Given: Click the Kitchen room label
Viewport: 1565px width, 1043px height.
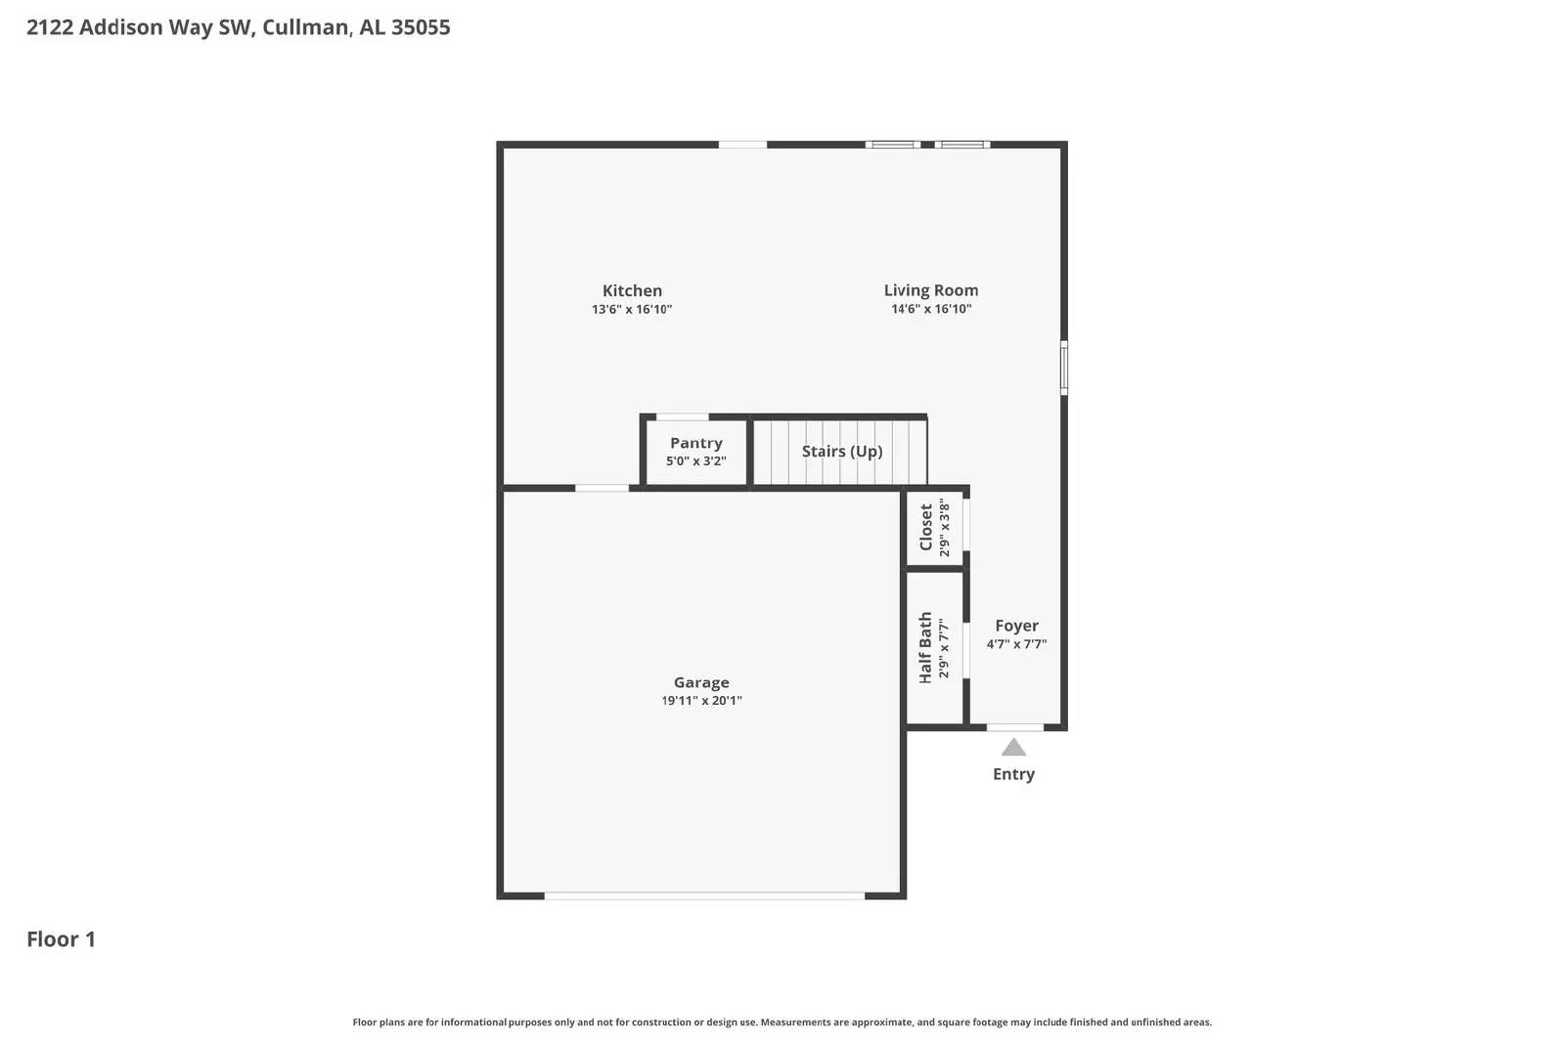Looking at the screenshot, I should (632, 290).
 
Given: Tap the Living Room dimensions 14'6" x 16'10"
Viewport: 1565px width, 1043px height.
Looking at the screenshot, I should (930, 309).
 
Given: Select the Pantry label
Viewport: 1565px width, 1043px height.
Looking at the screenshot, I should (695, 443).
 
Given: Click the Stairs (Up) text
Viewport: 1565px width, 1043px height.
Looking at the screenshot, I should (841, 451).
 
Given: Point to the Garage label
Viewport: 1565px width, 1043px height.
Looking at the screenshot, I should (700, 682).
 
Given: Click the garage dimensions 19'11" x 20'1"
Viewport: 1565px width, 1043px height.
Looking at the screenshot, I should (700, 701).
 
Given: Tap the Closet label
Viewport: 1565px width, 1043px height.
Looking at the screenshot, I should (925, 527).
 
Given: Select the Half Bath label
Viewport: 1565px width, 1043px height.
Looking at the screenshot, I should (925, 647).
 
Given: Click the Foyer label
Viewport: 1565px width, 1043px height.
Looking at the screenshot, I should (1016, 626).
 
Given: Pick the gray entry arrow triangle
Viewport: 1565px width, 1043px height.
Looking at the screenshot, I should (1013, 748).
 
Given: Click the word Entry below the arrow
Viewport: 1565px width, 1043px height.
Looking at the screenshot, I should (1013, 774).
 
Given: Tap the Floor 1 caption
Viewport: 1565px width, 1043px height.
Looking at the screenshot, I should (61, 939).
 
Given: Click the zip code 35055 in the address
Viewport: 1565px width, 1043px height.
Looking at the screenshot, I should (421, 27).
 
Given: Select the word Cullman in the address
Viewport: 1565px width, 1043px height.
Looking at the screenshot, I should (305, 27).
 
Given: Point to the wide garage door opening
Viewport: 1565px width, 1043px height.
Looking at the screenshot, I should (703, 895).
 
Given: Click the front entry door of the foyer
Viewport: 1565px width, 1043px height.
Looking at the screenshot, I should (1014, 727).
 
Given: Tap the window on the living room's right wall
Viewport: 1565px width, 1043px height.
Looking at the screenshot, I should (1064, 368).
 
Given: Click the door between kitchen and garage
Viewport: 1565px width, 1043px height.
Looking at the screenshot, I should (602, 488).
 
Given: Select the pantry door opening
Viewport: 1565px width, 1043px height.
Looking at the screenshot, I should (682, 417).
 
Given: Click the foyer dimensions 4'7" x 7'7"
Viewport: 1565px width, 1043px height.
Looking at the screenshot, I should (1016, 644).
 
